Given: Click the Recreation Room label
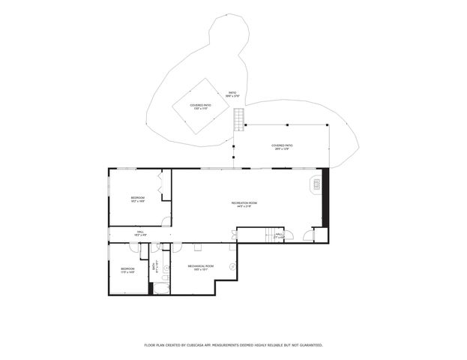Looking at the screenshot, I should [x=245, y=205].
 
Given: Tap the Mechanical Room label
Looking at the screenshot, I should [x=200, y=266].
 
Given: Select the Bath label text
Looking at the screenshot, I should [x=154, y=265].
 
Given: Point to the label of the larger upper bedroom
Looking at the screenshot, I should [x=137, y=199].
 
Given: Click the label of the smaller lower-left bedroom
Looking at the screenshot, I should [x=127, y=270].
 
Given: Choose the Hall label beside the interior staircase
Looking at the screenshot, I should [x=279, y=235].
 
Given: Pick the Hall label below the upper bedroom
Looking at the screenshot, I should [x=139, y=234].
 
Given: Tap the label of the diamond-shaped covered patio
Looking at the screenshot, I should [x=200, y=106].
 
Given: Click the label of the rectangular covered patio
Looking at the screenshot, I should [x=282, y=147].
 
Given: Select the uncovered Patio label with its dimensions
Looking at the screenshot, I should [x=233, y=94].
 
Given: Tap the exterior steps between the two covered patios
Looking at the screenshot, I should [x=239, y=118].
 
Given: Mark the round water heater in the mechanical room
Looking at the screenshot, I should [x=232, y=266].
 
